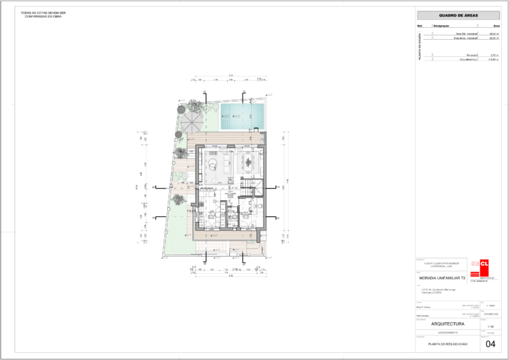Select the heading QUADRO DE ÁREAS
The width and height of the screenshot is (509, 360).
coord(458,15)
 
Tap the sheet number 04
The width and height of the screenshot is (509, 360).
coord(490,344)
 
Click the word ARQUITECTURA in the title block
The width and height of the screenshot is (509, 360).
coord(448,324)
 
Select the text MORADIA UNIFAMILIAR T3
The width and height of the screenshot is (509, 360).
coord(444,278)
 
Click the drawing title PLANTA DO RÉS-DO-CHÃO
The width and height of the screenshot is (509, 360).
coord(448,344)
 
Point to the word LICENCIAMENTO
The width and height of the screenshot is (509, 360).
coord(448,333)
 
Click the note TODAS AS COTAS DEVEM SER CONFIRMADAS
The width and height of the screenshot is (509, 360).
coord(44,14)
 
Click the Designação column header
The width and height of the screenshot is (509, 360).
coord(442,25)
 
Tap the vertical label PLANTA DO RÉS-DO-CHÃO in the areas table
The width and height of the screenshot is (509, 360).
coord(420,46)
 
